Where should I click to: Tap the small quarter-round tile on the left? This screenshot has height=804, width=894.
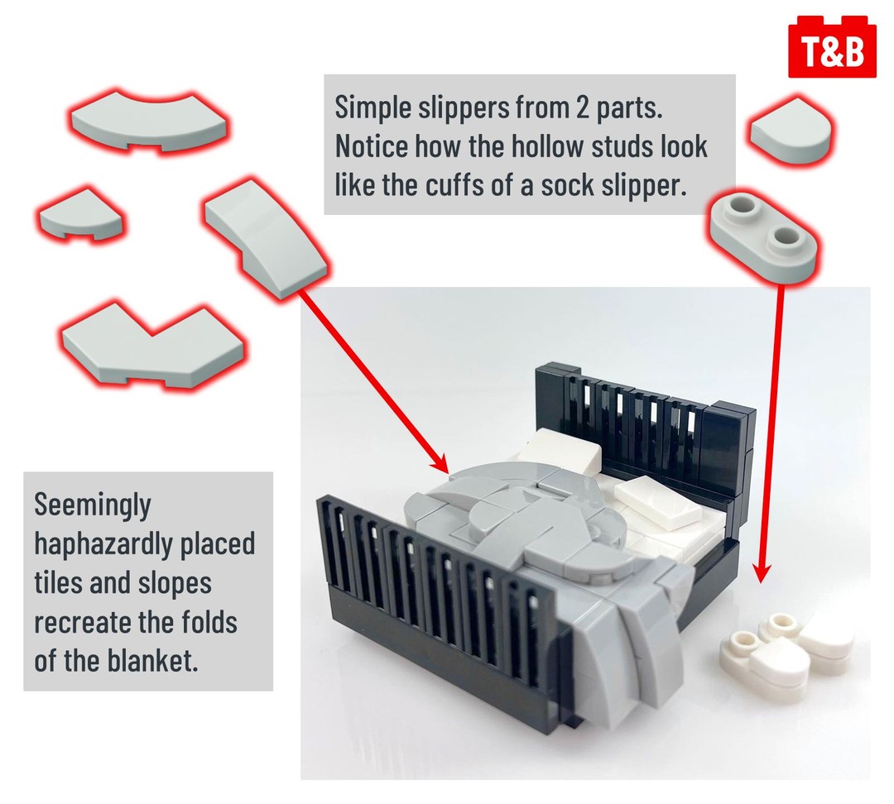(80, 214)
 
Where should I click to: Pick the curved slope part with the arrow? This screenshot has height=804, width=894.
(267, 237)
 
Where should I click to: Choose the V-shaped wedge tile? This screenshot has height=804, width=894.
(153, 345)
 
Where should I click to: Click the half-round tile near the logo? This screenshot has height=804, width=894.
(789, 132)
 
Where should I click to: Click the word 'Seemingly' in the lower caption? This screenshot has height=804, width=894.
(93, 505)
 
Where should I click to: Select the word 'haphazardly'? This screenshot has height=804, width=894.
(104, 543)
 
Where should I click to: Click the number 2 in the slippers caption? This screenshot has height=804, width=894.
(582, 108)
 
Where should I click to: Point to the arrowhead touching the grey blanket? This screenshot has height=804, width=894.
(440, 462)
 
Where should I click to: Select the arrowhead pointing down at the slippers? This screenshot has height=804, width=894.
(763, 572)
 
